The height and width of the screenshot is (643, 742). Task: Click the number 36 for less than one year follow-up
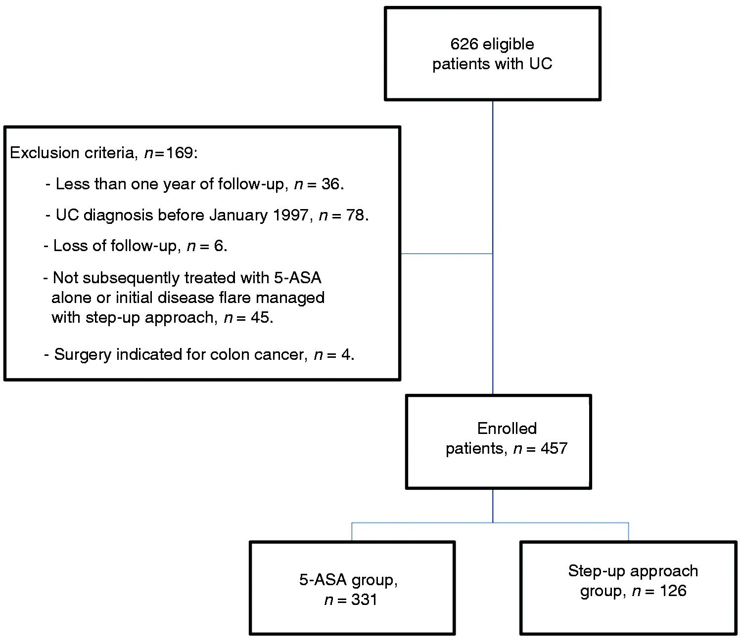pos(330,184)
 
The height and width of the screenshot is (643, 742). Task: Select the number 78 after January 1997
pos(355,215)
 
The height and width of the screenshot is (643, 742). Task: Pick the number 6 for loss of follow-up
pos(219,246)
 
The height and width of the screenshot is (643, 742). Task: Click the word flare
pos(234,298)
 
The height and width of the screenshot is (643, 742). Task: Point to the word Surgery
pos(83,355)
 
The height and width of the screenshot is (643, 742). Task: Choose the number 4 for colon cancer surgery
pos(346,355)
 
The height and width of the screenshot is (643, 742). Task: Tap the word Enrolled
pos(507,429)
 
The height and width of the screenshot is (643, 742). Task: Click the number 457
pos(554,449)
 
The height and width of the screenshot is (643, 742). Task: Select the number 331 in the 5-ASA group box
pos(364,600)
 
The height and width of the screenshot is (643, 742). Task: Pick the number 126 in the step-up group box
pos(673,591)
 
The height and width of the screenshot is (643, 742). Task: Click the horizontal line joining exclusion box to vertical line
pos(446,254)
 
